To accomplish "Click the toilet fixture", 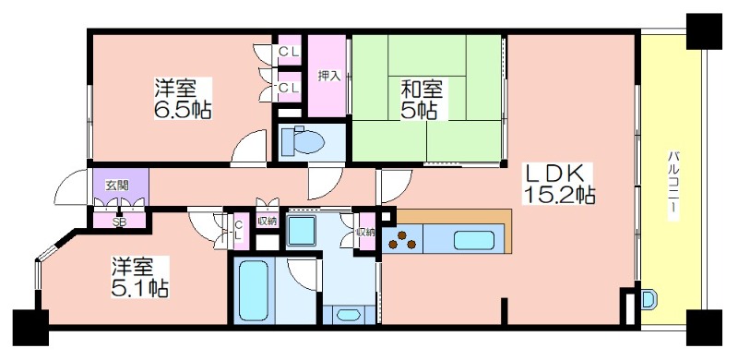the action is pyautogui.click(x=302, y=141).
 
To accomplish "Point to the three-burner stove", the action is pyautogui.click(x=401, y=240).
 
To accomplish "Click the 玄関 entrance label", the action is pyautogui.click(x=117, y=186).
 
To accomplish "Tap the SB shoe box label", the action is pyautogui.click(x=119, y=222).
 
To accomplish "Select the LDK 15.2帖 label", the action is pyautogui.click(x=559, y=185).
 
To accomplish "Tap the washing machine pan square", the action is pyautogui.click(x=302, y=231).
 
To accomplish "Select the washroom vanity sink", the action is pyautogui.click(x=349, y=314).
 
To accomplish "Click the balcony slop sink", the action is pyautogui.click(x=649, y=299).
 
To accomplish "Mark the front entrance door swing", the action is pyautogui.click(x=71, y=187).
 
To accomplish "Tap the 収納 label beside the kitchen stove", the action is pyautogui.click(x=367, y=232).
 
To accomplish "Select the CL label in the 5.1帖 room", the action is pyautogui.click(x=239, y=230).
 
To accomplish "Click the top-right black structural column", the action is pyautogui.click(x=704, y=31).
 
